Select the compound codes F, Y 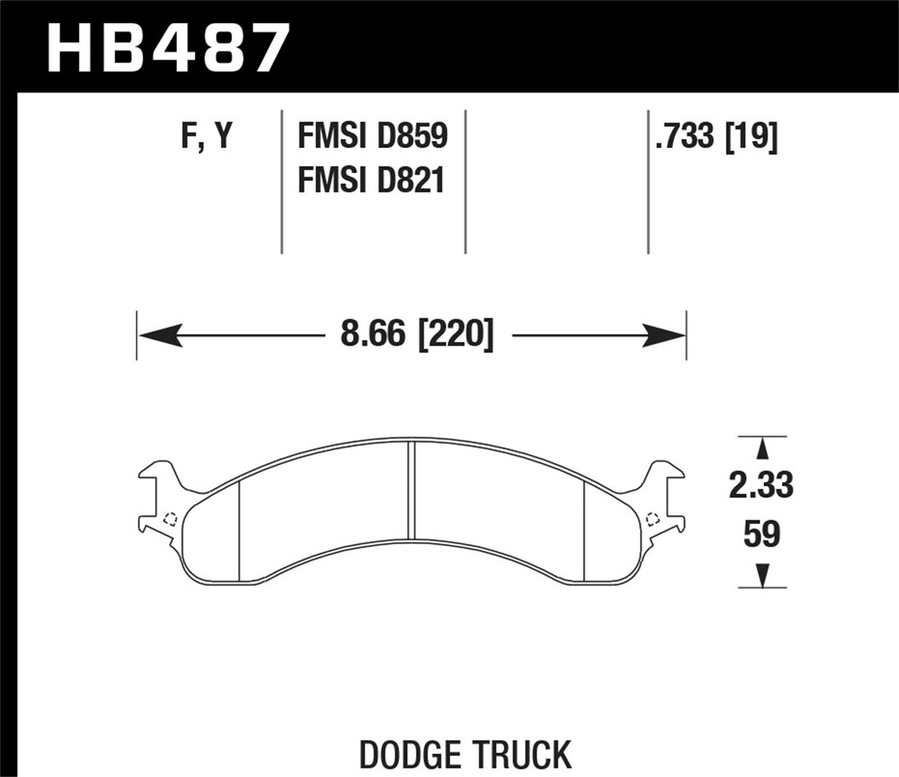[x=207, y=137]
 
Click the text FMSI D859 [x=372, y=137]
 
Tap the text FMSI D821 [x=370, y=180]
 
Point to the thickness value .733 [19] [x=715, y=137]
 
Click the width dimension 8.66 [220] [x=416, y=336]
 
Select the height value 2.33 [x=761, y=486]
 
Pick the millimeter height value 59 [x=761, y=535]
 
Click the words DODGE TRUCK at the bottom [x=465, y=754]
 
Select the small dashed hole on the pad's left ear [x=169, y=518]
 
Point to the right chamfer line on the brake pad [x=584, y=530]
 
